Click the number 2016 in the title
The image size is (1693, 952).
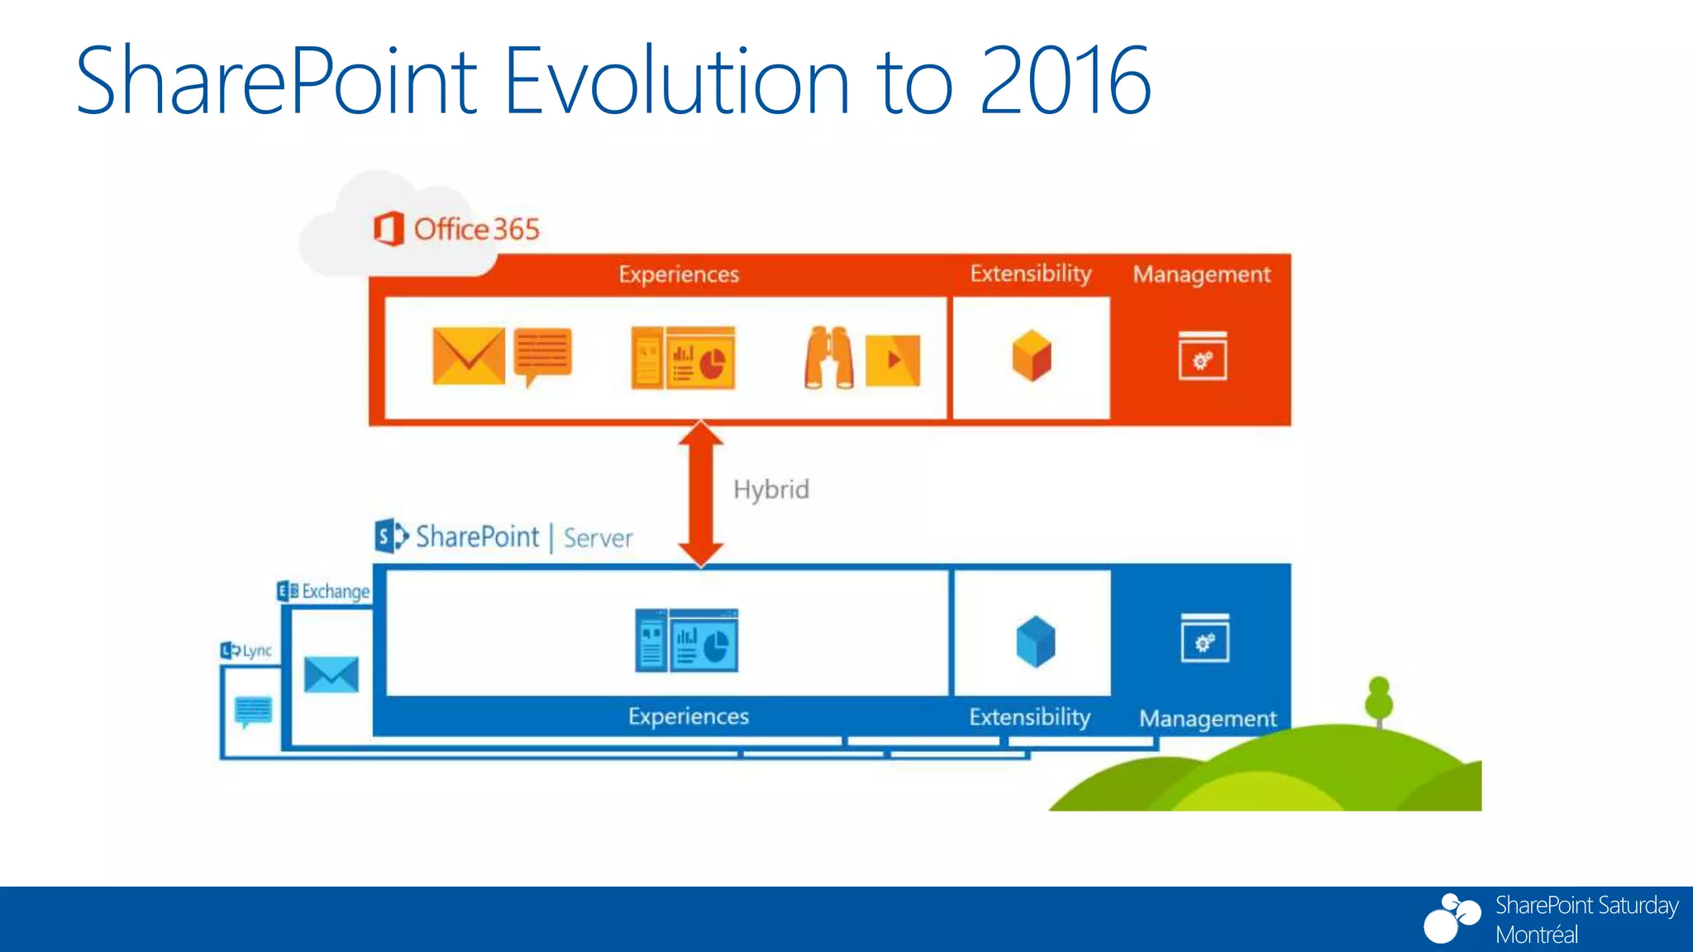pos(1065,81)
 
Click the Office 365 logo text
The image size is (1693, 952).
pos(475,229)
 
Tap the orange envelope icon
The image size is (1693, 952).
pos(468,356)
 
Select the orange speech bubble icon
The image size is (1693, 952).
pos(542,355)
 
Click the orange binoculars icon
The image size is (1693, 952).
pos(828,358)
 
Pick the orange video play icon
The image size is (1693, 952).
pos(892,359)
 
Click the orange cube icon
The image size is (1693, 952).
pos(1031,356)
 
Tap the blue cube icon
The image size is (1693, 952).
pos(1035,641)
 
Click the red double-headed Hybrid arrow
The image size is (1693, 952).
pos(701,493)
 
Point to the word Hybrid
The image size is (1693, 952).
pos(770,489)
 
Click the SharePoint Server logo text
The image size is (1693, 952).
pos(504,537)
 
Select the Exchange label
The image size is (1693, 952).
pos(334,592)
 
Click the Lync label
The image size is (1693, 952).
pos(255,650)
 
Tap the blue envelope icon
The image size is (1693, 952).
pos(331,674)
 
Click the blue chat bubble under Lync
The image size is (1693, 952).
pos(253,711)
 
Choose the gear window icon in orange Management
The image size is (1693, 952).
pos(1202,356)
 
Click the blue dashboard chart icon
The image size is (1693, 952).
pos(686,640)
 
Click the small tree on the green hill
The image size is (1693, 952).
pos(1378,702)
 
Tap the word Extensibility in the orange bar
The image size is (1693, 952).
pos(1030,274)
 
